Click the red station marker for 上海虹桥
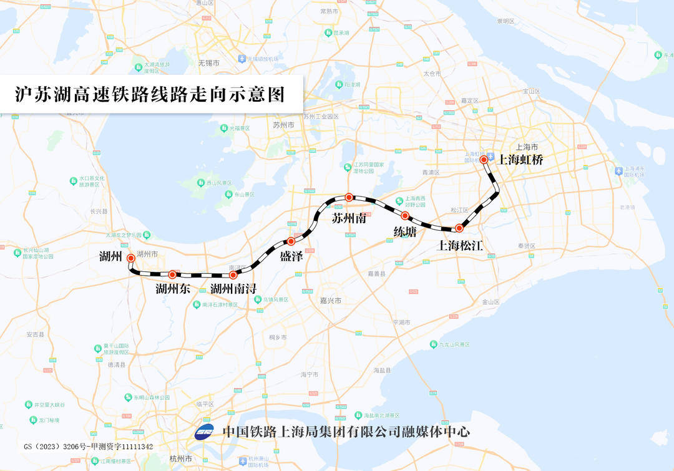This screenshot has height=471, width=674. point(484,160)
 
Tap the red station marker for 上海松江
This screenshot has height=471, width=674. point(459,228)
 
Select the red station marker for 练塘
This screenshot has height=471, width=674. point(405,216)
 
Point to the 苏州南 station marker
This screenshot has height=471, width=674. point(349,197)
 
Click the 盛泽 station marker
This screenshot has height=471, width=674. point(291,241)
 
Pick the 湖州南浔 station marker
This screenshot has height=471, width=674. point(233,274)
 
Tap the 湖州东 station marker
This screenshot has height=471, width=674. point(172,274)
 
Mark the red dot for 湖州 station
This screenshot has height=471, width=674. point(130,258)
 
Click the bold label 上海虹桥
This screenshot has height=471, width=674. point(520,160)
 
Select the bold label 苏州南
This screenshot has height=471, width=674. point(349,219)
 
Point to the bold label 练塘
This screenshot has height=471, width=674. point(405,231)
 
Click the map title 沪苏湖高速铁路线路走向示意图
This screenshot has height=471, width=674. point(150,94)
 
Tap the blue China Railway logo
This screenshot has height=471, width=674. point(204,432)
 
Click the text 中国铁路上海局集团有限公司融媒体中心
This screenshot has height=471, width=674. point(346,432)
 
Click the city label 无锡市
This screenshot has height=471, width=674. point(208,63)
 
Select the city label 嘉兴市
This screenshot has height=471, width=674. point(330,300)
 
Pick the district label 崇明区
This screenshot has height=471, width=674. point(506,21)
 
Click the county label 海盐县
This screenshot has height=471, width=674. point(382,370)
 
